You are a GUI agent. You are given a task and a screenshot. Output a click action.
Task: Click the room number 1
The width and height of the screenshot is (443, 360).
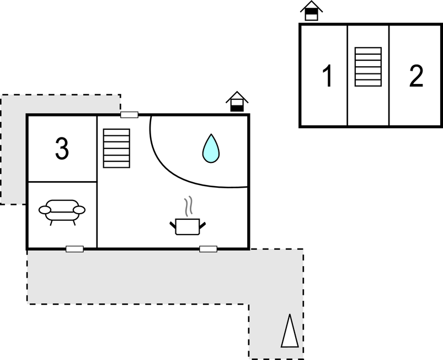(328, 76)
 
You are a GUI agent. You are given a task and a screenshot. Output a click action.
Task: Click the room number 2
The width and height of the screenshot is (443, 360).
(416, 76)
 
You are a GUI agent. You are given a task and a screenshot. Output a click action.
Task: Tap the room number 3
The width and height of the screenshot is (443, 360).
(62, 148)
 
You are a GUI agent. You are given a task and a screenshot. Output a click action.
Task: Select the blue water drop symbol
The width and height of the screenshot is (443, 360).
(211, 149)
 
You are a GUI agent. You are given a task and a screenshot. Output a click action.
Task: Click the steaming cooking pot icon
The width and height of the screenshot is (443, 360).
(188, 225)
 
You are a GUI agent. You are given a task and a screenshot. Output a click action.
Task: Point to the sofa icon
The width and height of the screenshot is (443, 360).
(62, 210)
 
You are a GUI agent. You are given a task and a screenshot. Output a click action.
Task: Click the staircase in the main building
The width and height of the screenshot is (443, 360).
(116, 148)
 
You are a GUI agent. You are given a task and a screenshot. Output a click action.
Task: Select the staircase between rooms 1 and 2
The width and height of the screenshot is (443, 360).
(368, 67)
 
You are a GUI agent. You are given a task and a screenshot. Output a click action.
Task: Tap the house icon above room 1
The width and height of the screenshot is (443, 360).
(312, 10)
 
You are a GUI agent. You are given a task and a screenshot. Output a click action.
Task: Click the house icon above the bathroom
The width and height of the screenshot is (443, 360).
(237, 101)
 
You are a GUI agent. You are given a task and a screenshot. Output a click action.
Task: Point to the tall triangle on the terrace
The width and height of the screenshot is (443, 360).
(289, 331)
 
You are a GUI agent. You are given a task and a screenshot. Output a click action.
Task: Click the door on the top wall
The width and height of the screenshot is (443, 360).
(129, 115)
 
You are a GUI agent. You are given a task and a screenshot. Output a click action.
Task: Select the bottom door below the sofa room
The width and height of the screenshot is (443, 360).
(74, 249)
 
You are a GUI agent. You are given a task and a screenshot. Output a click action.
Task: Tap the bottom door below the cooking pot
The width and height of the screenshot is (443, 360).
(208, 249)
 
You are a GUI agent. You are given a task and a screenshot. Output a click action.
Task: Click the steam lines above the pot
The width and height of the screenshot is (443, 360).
(189, 205)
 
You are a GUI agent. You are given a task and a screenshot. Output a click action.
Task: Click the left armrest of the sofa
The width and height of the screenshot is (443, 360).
(45, 210)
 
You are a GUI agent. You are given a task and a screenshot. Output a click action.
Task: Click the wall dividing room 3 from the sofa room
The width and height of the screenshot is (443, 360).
(62, 182)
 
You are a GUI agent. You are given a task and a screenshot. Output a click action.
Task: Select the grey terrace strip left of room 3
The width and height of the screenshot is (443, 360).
(13, 149)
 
